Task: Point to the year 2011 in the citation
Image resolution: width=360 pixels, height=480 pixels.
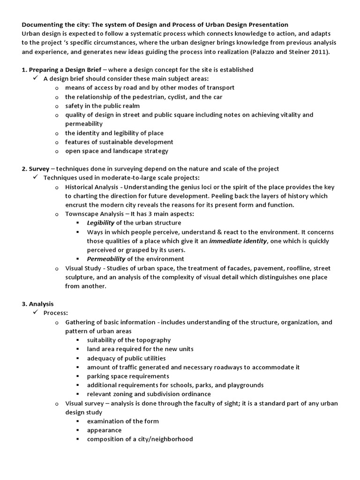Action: [x=320, y=52]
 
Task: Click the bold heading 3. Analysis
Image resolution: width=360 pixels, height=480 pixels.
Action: [x=37, y=304]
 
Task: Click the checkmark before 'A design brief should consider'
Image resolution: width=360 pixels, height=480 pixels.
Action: [x=35, y=78]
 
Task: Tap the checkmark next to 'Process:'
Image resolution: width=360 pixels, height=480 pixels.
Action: [x=35, y=313]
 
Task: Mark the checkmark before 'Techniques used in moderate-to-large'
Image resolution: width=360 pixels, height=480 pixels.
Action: [x=35, y=178]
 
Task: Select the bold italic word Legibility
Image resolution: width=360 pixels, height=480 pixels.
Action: [x=100, y=223]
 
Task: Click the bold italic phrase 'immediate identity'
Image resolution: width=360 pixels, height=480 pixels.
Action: [x=238, y=241]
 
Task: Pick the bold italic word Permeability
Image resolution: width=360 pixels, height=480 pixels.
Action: [x=106, y=259]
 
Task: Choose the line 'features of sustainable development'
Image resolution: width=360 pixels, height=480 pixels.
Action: [x=119, y=142]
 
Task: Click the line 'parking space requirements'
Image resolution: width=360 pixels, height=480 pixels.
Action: [x=128, y=376]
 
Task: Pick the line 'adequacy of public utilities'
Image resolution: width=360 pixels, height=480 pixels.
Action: [x=126, y=358]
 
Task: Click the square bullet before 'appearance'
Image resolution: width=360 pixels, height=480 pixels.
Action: [x=77, y=430]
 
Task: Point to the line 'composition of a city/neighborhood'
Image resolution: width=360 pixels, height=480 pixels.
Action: [x=140, y=439]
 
